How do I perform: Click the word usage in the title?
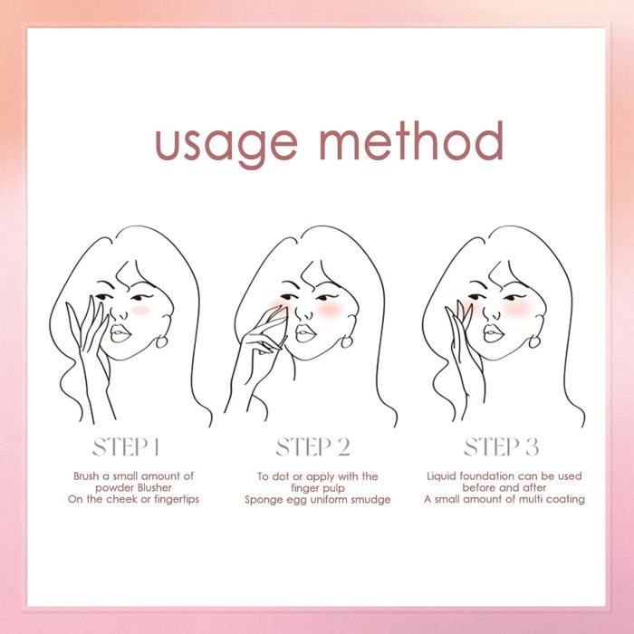226,146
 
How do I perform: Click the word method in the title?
411,140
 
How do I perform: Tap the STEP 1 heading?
126,447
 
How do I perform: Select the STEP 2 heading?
313,447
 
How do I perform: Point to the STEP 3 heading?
502,447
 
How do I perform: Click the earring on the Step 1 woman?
161,341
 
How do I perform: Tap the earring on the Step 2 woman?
347,341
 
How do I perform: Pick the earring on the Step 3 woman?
533,341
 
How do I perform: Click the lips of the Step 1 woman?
120,333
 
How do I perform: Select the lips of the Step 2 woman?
305,333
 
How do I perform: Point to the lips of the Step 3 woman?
494,333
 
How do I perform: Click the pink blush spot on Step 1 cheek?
140,310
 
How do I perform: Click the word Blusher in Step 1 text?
155,487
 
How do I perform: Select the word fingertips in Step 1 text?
177,499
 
